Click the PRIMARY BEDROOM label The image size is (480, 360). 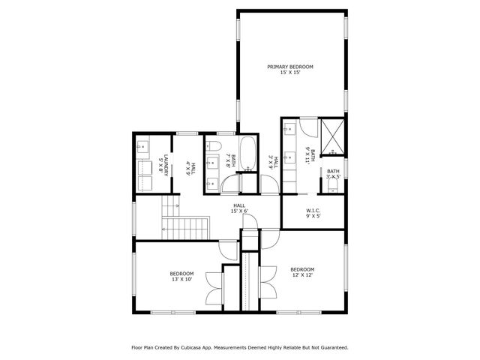[x=290, y=67]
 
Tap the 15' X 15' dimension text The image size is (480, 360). [x=290, y=73]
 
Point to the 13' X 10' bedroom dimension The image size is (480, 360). [x=181, y=279]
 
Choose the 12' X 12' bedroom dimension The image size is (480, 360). [x=302, y=275]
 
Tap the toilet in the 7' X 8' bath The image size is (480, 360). [x=212, y=145]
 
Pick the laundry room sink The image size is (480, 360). [x=144, y=148]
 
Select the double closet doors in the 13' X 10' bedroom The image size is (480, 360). [x=216, y=287]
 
